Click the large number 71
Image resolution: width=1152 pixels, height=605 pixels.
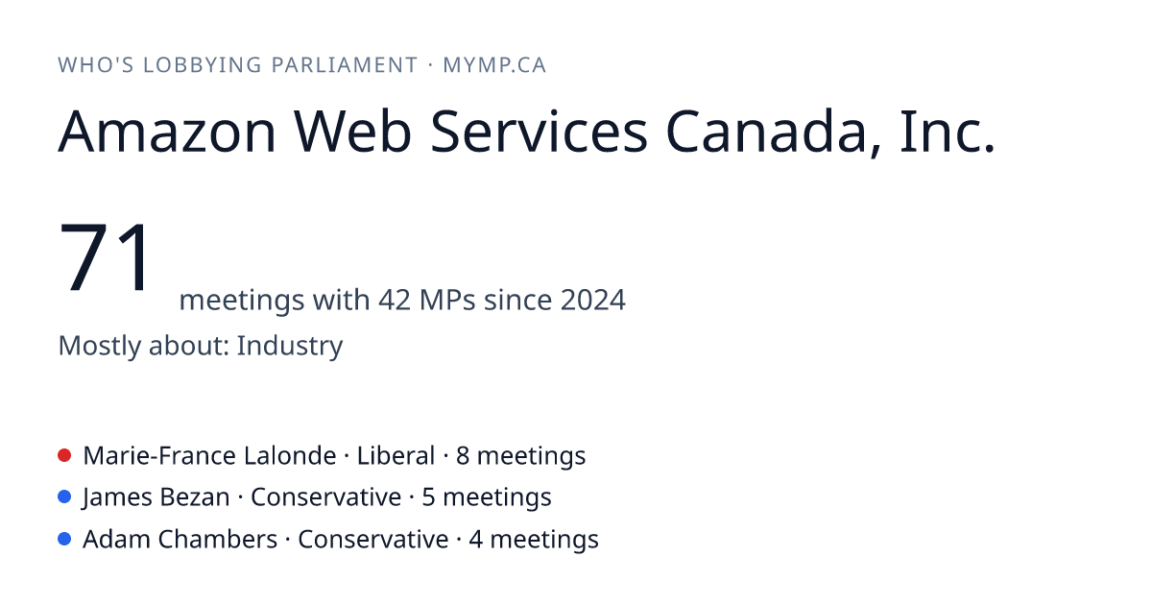point(105,257)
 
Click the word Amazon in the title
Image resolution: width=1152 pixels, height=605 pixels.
point(167,132)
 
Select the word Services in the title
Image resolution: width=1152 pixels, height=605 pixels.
point(539,132)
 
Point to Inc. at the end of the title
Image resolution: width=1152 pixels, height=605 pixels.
point(948,132)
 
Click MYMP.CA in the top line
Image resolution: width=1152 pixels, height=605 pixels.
point(494,65)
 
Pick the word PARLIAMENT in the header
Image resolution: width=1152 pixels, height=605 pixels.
point(345,65)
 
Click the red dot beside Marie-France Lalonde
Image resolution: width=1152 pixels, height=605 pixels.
point(64,455)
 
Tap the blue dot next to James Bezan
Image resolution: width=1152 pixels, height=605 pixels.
point(64,497)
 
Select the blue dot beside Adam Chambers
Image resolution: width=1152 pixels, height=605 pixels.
point(64,539)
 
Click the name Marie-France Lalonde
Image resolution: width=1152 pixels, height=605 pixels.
point(209,455)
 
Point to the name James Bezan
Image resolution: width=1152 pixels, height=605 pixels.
point(156,497)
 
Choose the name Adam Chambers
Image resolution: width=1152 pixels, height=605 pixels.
point(180,539)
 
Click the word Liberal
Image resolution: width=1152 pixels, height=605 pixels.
point(396,455)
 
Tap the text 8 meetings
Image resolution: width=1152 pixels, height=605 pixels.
point(521,456)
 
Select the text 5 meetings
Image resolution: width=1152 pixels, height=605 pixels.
point(487,497)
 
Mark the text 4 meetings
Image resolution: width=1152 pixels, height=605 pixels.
point(534,540)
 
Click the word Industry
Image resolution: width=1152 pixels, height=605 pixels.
point(290,346)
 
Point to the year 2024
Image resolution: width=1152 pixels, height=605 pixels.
point(593,300)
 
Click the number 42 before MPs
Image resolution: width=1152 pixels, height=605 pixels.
point(395,300)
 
